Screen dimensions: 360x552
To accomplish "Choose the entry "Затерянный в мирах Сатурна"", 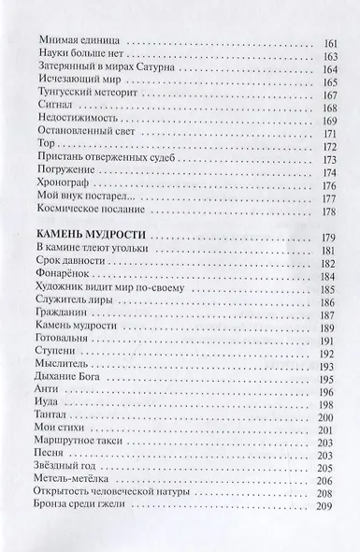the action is (x=107, y=75).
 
